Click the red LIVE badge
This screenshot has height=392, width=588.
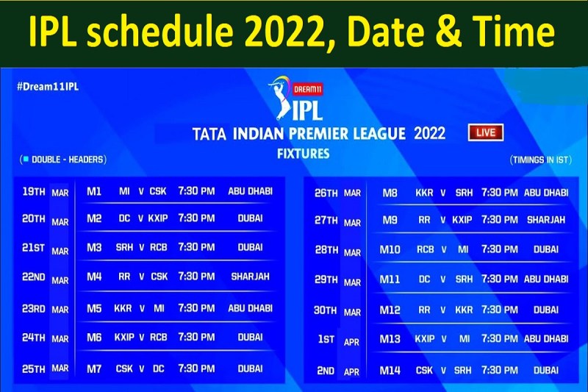486,132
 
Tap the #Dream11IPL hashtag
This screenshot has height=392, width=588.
48,87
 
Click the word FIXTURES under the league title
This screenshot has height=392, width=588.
304,154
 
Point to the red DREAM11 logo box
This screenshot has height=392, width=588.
307,89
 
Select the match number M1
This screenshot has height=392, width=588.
94,191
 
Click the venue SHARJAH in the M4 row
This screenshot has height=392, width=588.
250,277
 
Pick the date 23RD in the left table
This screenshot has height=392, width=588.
33,308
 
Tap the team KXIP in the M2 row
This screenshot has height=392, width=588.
158,218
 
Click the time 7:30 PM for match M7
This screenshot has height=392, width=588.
196,368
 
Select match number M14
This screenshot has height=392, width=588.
390,371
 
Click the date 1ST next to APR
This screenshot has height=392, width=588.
326,339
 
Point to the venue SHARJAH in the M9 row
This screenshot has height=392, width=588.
546,220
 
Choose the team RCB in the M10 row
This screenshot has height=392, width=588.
426,249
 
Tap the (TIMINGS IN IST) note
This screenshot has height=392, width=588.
541,160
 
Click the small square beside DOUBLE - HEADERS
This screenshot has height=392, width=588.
26,159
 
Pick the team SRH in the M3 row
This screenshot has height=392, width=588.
124,247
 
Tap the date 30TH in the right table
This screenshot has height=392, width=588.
326,310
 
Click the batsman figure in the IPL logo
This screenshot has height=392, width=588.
281,99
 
